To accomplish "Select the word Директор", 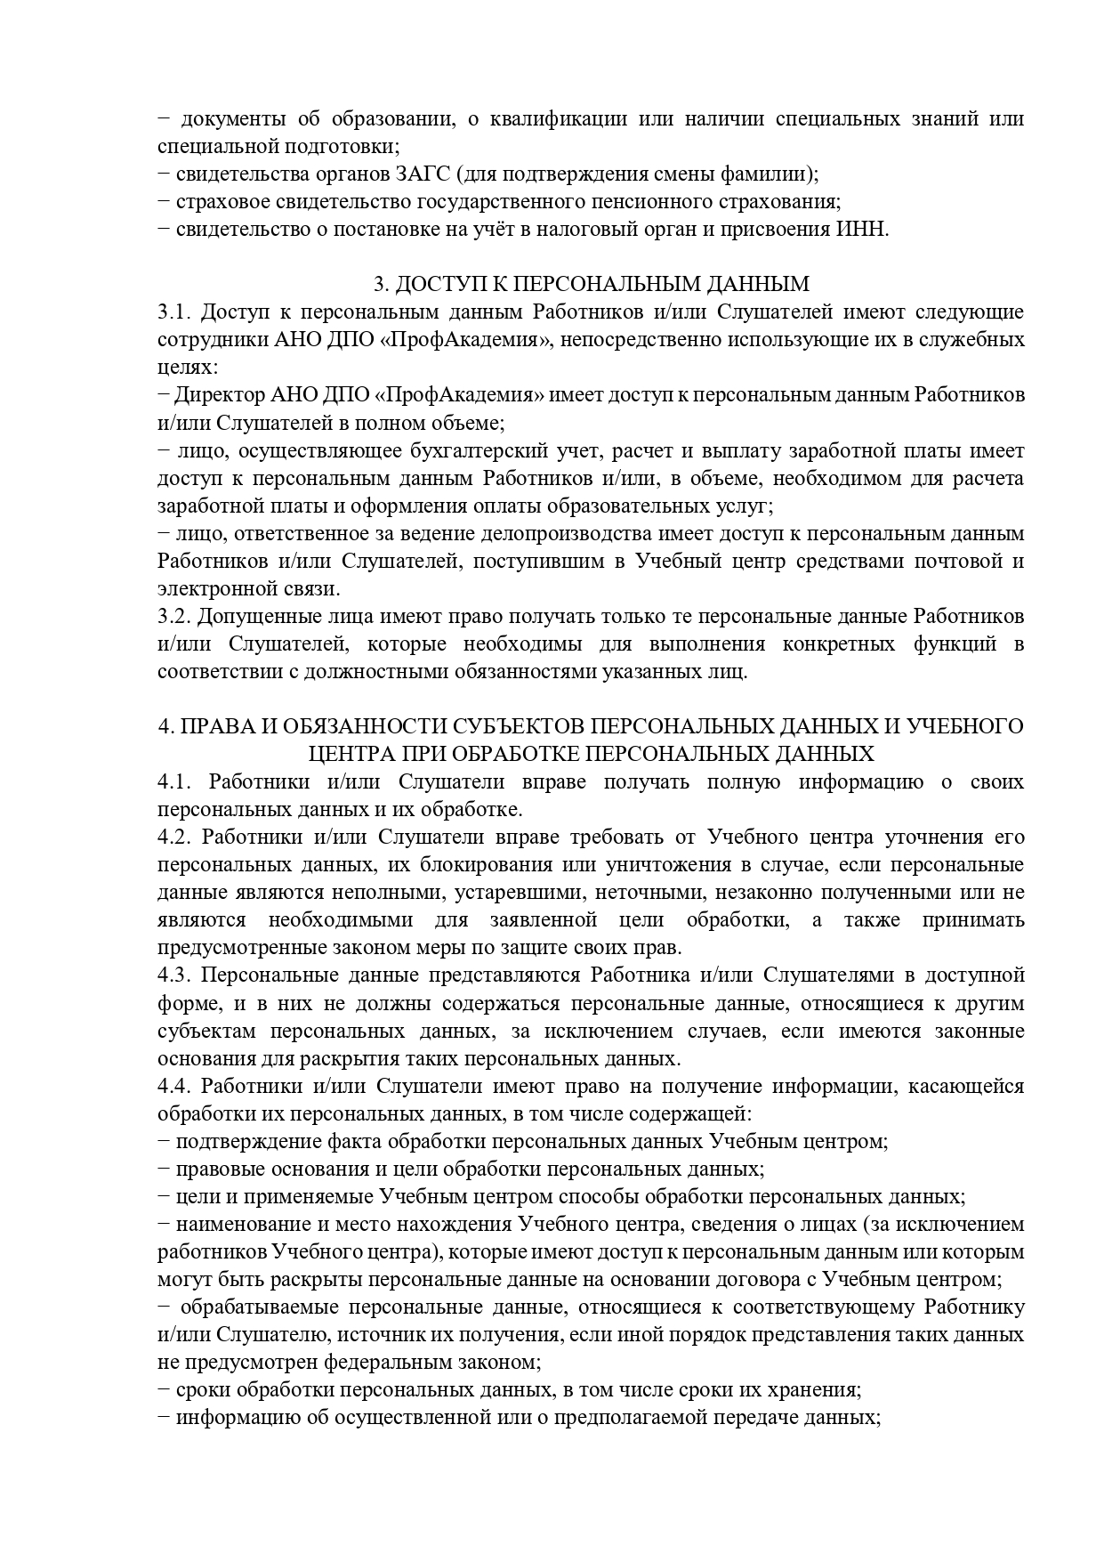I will pyautogui.click(x=214, y=395).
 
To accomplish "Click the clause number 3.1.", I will pyautogui.click(x=173, y=312).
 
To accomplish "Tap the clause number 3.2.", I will pyautogui.click(x=173, y=617).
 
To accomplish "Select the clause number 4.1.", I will pyautogui.click(x=175, y=782).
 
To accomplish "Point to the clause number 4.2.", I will pyautogui.click(x=173, y=838).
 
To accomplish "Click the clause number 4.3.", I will pyautogui.click(x=173, y=976).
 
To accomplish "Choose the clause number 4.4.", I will pyautogui.click(x=173, y=1087).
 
